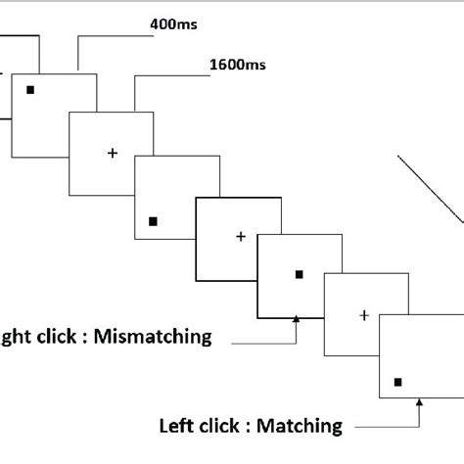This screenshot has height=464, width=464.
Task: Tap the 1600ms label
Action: pyautogui.click(x=238, y=67)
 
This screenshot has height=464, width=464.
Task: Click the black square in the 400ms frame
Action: pyautogui.click(x=30, y=90)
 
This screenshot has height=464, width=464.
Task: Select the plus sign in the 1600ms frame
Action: pyautogui.click(x=111, y=153)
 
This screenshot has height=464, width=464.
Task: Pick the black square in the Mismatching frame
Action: pyautogui.click(x=300, y=274)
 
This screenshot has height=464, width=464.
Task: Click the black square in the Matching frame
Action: pyautogui.click(x=397, y=382)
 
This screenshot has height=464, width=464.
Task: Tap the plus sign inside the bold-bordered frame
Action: pyautogui.click(x=240, y=236)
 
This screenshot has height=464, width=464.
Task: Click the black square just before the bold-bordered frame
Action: pyautogui.click(x=152, y=222)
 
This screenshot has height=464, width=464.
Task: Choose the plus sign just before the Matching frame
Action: pyautogui.click(x=363, y=314)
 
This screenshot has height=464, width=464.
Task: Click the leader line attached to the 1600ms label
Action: pyautogui.click(x=137, y=88)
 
